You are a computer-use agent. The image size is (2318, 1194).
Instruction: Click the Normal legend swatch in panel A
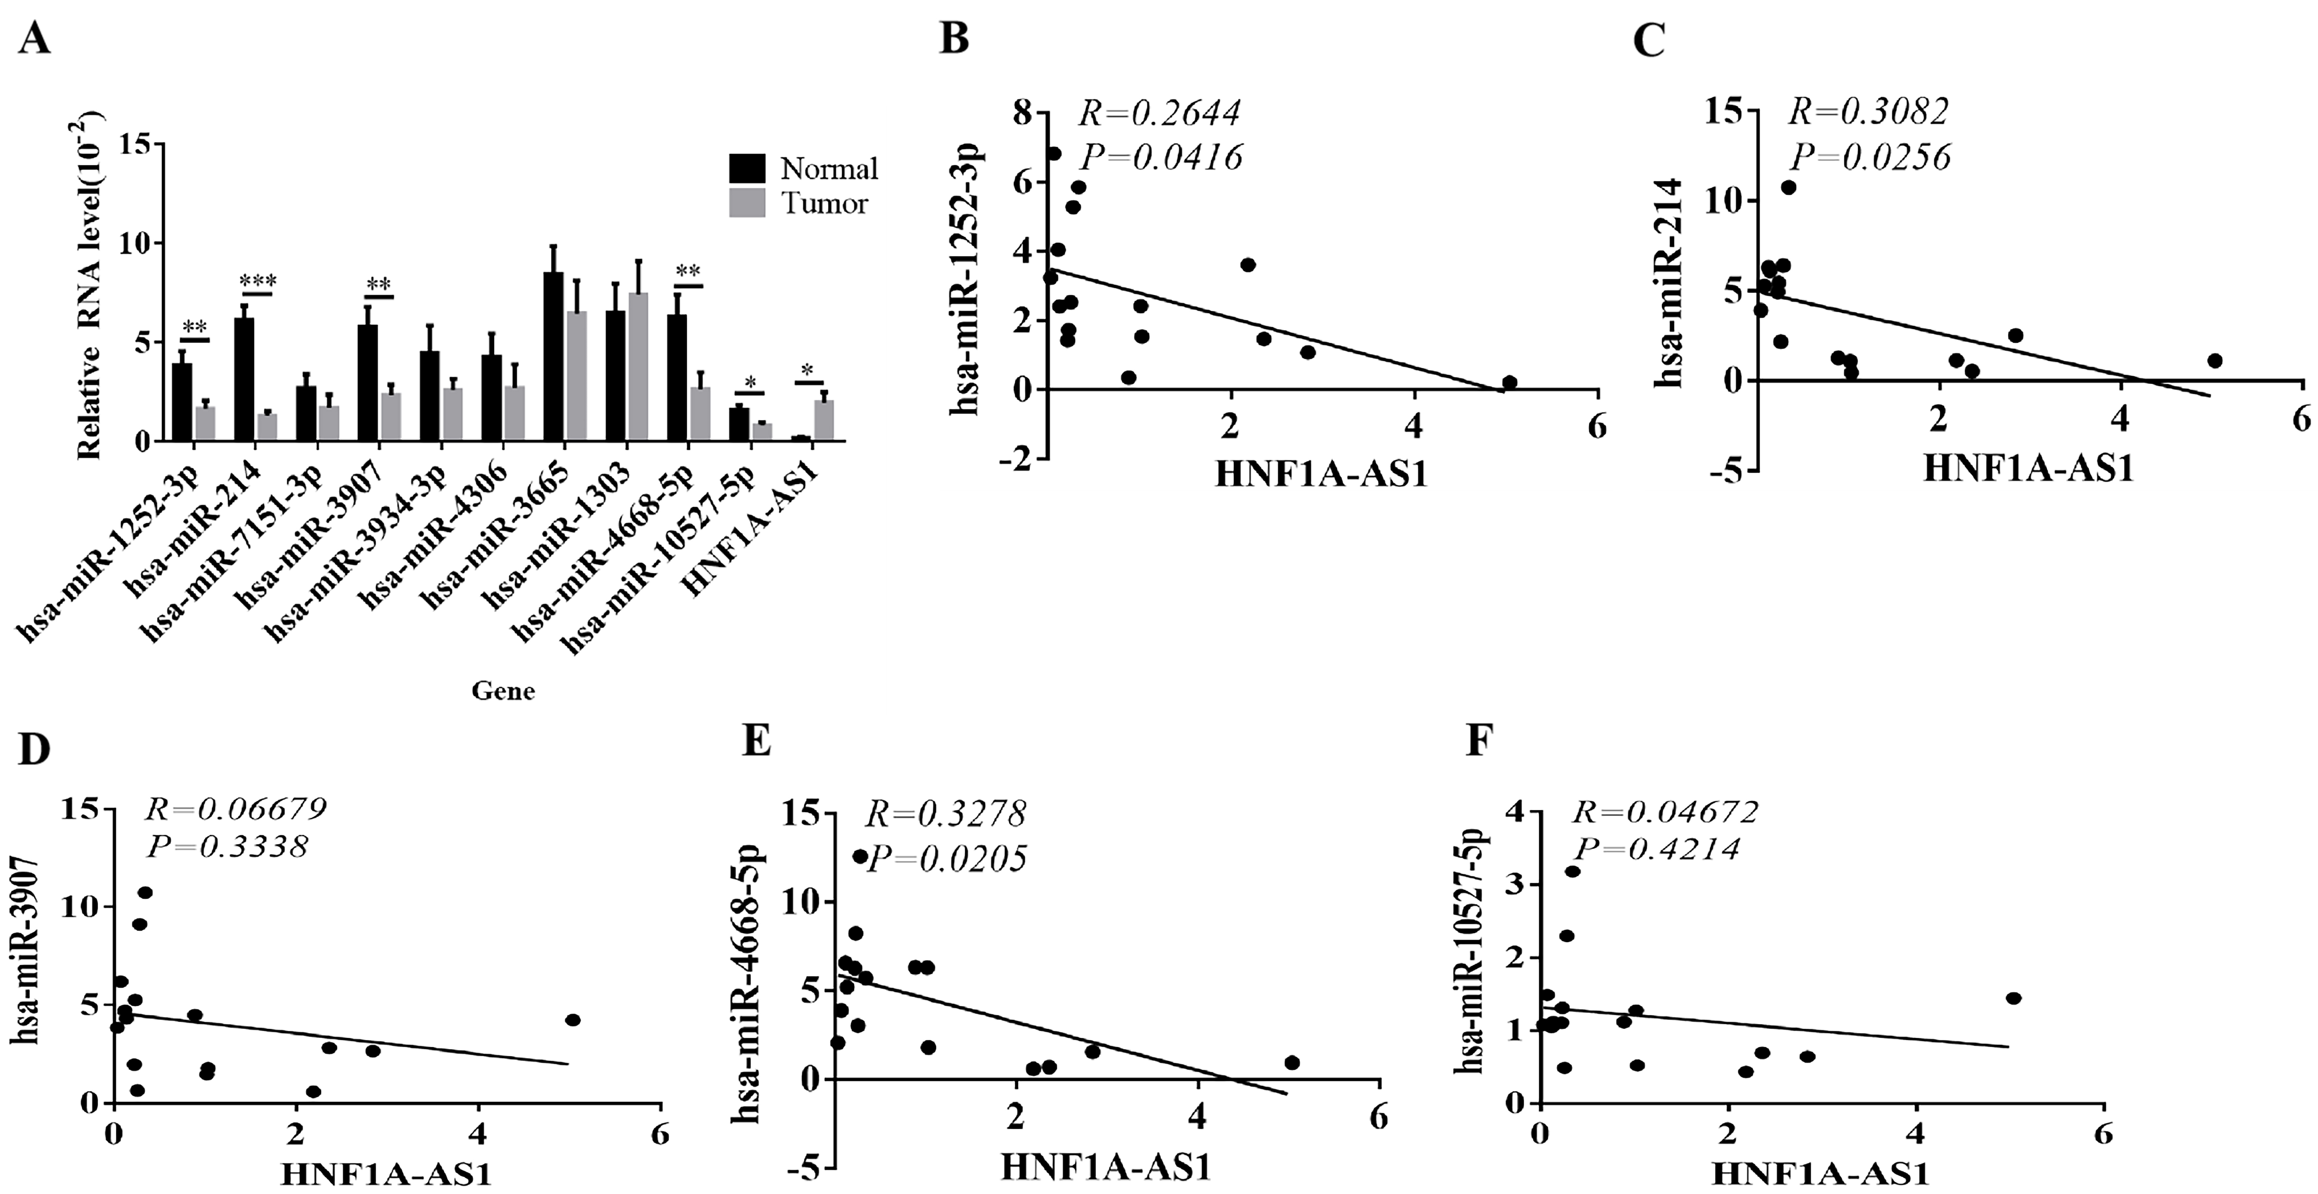tap(746, 168)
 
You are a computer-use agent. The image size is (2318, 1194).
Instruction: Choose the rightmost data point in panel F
tap(2014, 998)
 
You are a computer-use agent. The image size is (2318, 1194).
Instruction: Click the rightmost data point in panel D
tap(572, 1019)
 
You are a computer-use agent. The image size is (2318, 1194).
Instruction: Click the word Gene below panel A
tap(503, 691)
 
